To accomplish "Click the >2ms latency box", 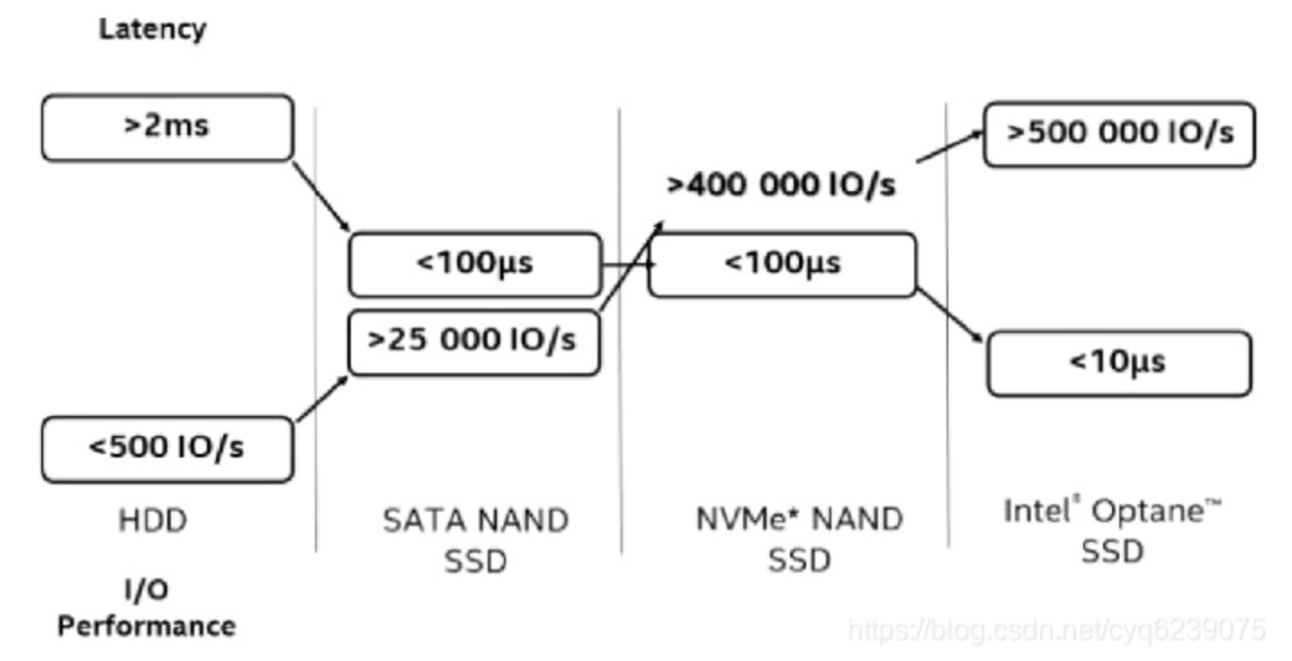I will pyautogui.click(x=167, y=127).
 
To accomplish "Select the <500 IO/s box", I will pyautogui.click(x=167, y=448).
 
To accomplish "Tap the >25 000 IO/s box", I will pyautogui.click(x=473, y=340).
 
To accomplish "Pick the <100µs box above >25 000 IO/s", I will pyautogui.click(x=474, y=264).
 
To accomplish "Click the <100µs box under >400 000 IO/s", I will pyautogui.click(x=782, y=264).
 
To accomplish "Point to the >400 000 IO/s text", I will pyautogui.click(x=781, y=186).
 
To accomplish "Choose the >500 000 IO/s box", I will pyautogui.click(x=1118, y=133).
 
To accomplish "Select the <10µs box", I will pyautogui.click(x=1118, y=363).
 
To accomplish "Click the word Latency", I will pyautogui.click(x=152, y=29).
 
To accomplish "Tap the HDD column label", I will pyautogui.click(x=152, y=521).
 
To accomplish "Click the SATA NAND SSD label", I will pyautogui.click(x=475, y=540).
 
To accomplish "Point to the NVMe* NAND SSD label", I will pyautogui.click(x=799, y=540).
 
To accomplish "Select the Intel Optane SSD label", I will pyautogui.click(x=1112, y=530).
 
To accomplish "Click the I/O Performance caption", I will pyautogui.click(x=147, y=609).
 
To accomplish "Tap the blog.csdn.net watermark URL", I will pyautogui.click(x=1056, y=629).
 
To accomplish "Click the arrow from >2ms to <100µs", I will pyautogui.click(x=321, y=197).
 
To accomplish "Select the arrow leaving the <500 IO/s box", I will pyautogui.click(x=321, y=399).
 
